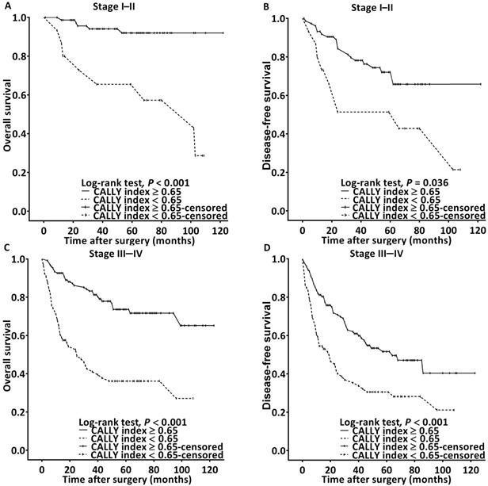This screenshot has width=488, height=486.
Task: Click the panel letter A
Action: coord(5,5)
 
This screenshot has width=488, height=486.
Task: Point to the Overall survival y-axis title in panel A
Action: coord(8,114)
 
